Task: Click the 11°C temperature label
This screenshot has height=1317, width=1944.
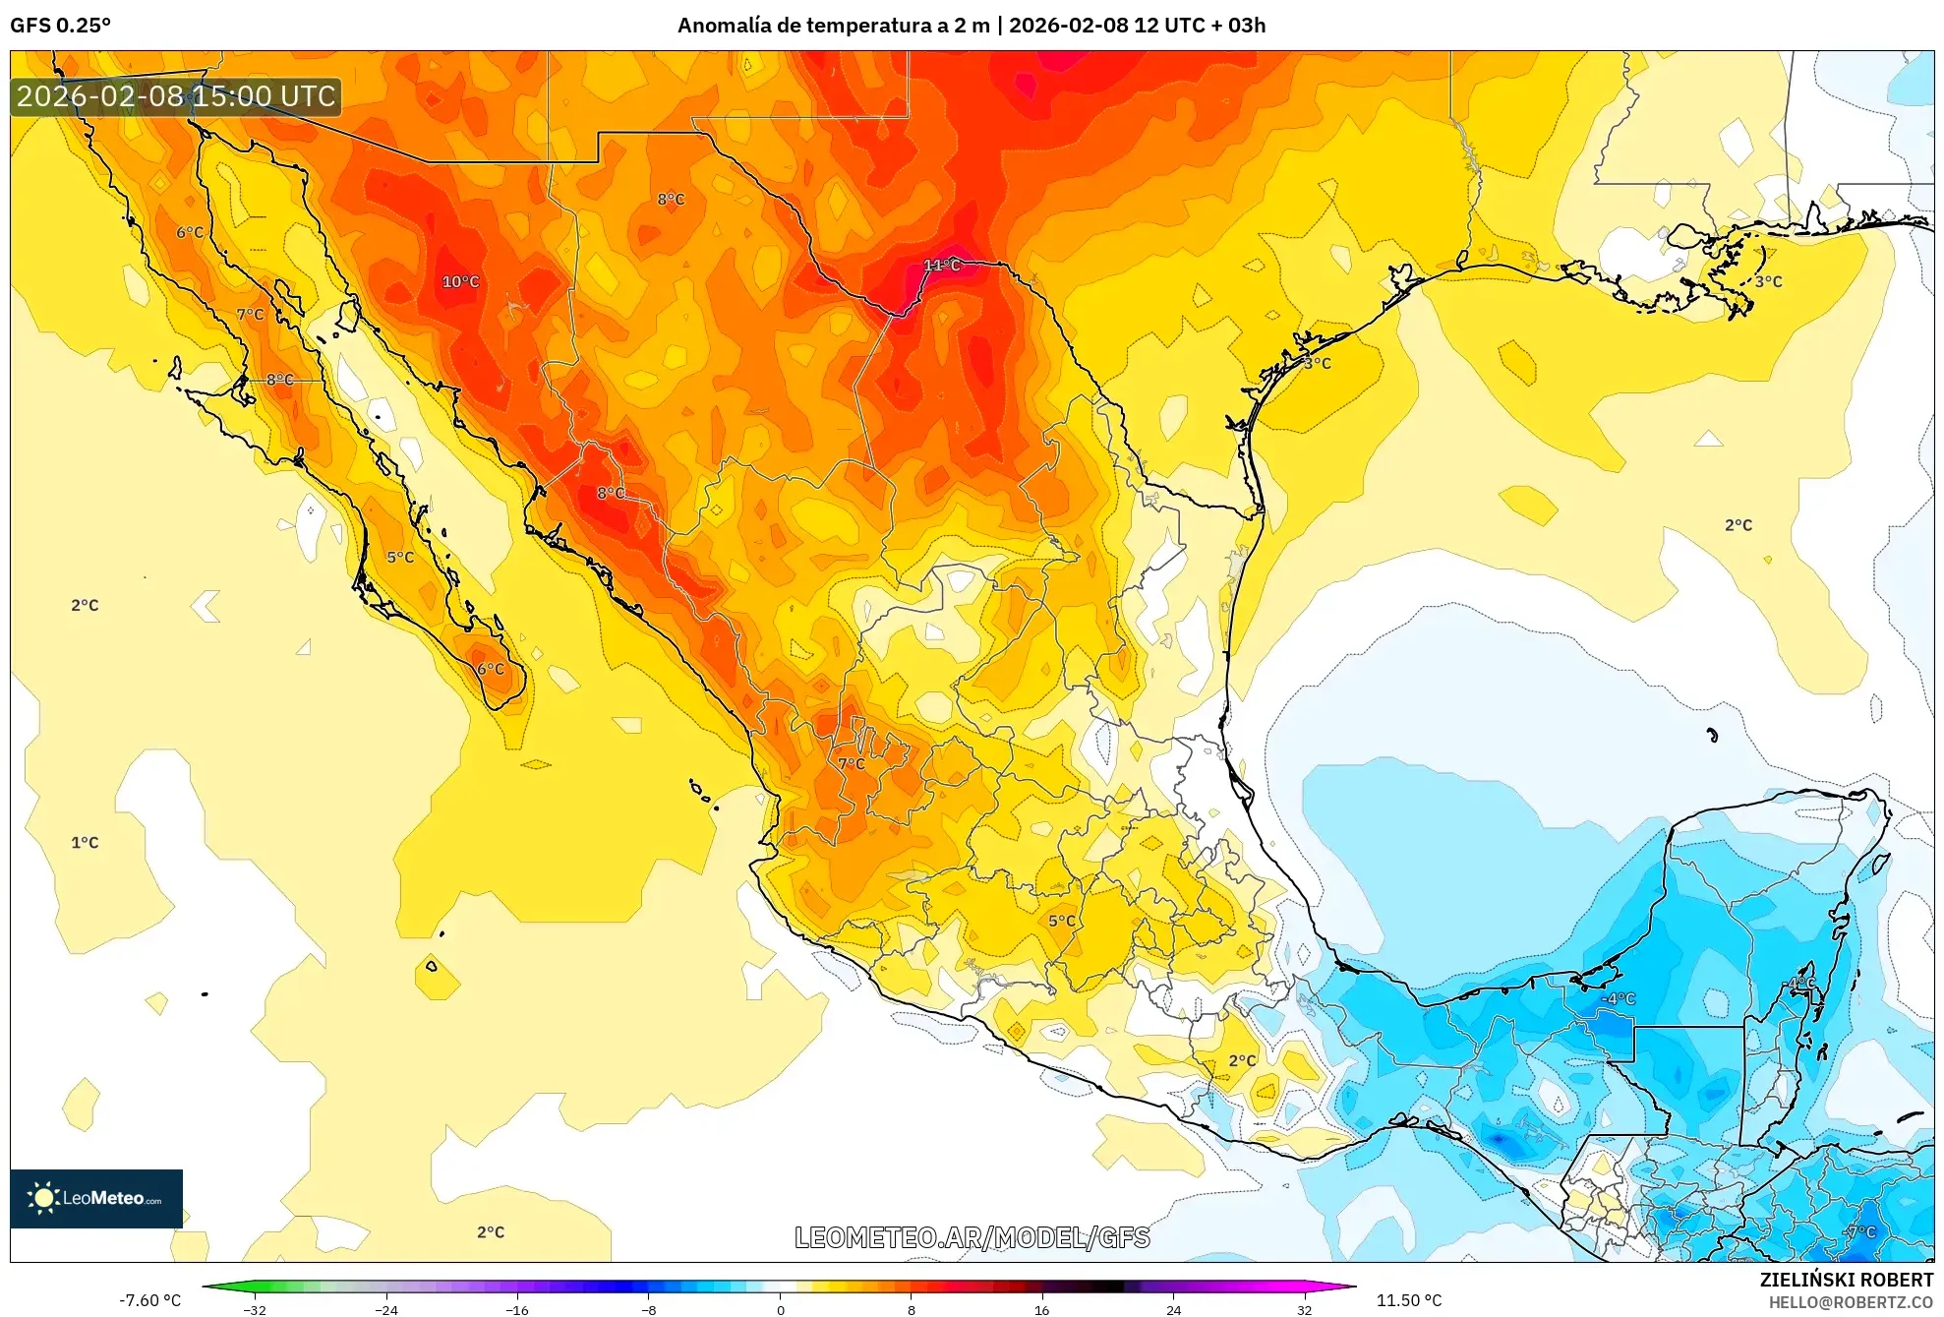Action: click(x=941, y=265)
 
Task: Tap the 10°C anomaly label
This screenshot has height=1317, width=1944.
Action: click(x=460, y=281)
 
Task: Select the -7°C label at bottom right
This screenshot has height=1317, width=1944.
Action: click(x=1859, y=1231)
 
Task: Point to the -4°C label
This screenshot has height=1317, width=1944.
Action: click(x=1618, y=998)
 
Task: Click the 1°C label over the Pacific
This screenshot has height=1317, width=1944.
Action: click(x=85, y=842)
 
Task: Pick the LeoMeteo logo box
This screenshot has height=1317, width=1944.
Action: click(x=95, y=1198)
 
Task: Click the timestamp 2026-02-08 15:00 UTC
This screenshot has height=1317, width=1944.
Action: click(x=176, y=96)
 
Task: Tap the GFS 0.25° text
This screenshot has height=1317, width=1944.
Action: click(x=60, y=25)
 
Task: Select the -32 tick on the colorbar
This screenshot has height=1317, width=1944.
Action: click(x=255, y=1309)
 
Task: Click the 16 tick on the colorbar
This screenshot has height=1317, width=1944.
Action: click(x=1041, y=1309)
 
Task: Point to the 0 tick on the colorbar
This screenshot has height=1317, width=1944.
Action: click(x=780, y=1309)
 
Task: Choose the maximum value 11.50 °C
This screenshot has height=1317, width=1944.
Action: click(x=1408, y=1300)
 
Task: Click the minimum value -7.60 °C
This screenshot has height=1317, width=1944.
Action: click(x=150, y=1300)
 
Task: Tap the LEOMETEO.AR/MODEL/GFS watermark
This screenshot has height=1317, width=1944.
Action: click(x=972, y=1237)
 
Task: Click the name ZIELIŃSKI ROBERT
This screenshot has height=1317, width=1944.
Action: click(x=1846, y=1280)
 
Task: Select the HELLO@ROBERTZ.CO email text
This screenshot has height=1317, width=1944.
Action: click(x=1850, y=1302)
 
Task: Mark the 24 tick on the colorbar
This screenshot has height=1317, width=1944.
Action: click(x=1173, y=1309)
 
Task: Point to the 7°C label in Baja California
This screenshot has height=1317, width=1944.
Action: click(x=250, y=314)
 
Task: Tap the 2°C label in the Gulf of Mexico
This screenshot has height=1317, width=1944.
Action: click(x=1738, y=524)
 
